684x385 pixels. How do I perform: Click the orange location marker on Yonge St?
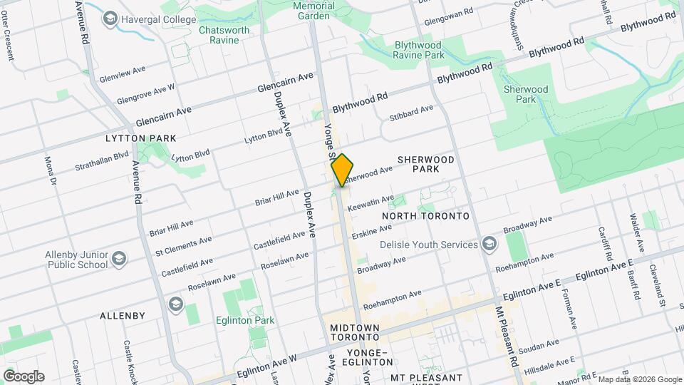click(x=342, y=170)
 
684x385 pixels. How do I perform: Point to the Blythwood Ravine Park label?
click(x=419, y=50)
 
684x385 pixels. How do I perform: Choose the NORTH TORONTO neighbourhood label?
click(x=425, y=215)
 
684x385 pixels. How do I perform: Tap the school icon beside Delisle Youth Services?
click(x=489, y=245)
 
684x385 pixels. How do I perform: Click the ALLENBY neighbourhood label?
click(x=123, y=315)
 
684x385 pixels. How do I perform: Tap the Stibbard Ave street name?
click(x=411, y=113)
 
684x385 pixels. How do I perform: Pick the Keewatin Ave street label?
click(x=370, y=202)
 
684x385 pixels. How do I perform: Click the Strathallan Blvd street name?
click(x=102, y=160)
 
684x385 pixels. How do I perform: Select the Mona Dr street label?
click(x=49, y=171)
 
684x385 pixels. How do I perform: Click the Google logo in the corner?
click(x=24, y=376)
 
